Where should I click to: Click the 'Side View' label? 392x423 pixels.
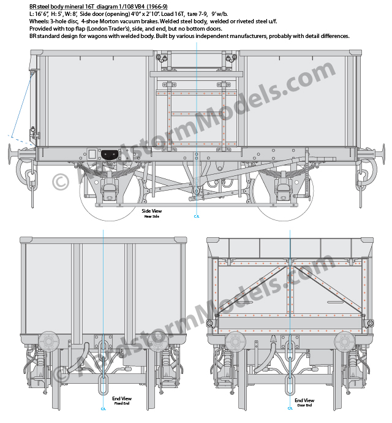pos(151,211)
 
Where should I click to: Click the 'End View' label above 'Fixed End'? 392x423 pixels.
pos(122,398)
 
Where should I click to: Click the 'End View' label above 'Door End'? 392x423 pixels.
pos(304,400)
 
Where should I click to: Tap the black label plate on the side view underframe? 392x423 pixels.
pos(110,154)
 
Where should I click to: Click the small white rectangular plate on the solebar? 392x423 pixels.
pos(92,154)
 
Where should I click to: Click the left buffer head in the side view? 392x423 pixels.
pos(10,154)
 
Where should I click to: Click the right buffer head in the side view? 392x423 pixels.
pos(383,154)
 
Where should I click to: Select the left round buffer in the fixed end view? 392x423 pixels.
pos(48,341)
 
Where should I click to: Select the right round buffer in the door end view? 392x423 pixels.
pos(345,341)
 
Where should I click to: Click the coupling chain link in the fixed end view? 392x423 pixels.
pos(103,384)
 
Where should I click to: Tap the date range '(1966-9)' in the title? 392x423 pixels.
pos(157,7)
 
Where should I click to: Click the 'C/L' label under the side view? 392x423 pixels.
pos(197,216)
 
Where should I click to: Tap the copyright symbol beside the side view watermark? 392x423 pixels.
pos(61,182)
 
